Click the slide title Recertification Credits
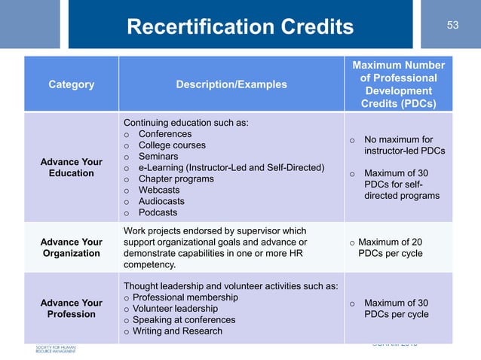point(240,28)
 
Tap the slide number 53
point(452,25)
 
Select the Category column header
point(72,84)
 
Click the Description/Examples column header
point(231,84)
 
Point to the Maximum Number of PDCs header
point(399,84)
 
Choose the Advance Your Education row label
point(72,166)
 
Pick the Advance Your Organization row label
point(72,248)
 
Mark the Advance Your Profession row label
point(72,308)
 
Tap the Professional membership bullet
point(185,297)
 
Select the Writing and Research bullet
point(177,331)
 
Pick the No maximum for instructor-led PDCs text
point(403,145)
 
